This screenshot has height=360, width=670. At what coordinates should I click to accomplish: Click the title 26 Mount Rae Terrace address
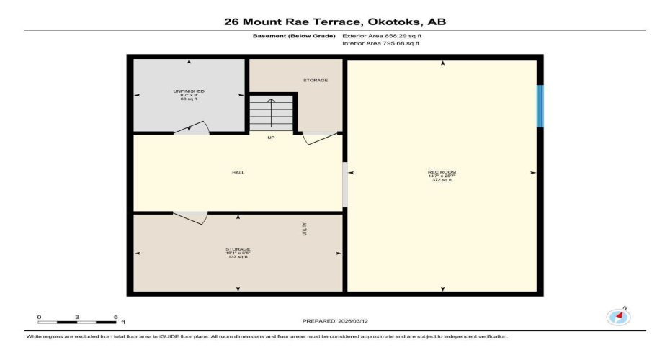point(335,22)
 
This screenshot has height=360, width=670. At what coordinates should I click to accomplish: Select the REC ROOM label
point(442,172)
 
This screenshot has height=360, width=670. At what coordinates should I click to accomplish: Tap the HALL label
point(238,173)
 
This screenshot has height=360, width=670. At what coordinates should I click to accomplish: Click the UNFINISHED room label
point(189,91)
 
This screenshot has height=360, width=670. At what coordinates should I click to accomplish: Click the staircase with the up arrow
point(272,114)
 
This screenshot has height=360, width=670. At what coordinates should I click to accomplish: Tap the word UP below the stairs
point(271,138)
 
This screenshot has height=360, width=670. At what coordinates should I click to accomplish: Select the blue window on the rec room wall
point(540,107)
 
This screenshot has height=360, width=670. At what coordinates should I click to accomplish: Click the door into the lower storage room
point(190,217)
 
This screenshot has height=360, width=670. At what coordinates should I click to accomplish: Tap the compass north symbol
point(618,316)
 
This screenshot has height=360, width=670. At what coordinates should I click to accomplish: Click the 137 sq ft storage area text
point(238,257)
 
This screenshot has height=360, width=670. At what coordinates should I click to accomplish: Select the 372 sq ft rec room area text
point(442,180)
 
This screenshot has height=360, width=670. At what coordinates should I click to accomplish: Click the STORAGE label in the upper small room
point(316,80)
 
